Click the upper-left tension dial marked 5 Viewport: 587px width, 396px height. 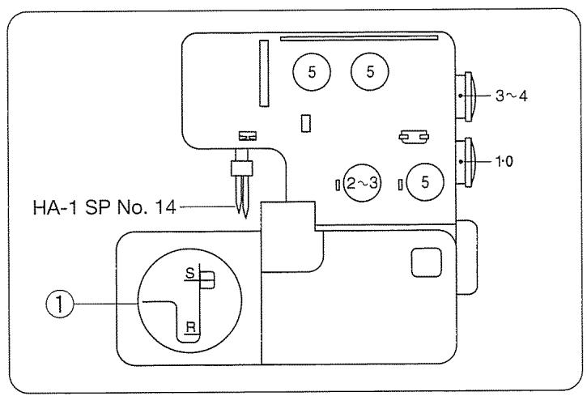(313, 71)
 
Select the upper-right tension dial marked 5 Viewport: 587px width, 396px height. (370, 71)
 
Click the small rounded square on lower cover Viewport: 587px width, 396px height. (423, 262)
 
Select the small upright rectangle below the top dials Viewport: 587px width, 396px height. (304, 122)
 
